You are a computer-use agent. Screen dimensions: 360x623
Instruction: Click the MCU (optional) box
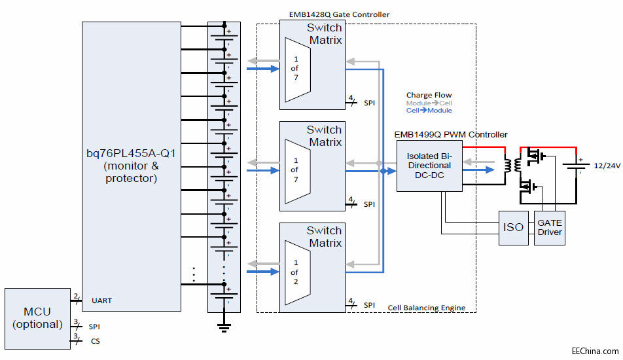click(37, 318)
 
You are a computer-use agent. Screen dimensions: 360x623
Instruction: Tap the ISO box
click(514, 228)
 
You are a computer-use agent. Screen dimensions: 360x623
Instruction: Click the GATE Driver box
click(550, 228)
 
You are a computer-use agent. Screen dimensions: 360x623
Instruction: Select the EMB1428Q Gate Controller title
click(339, 14)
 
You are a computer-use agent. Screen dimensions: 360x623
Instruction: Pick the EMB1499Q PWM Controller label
click(450, 134)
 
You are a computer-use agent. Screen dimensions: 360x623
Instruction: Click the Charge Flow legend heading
click(429, 95)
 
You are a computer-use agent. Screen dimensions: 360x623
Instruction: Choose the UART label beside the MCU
click(102, 300)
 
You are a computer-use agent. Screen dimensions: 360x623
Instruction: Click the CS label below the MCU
click(96, 341)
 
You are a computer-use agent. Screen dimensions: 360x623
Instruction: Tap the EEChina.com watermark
click(594, 351)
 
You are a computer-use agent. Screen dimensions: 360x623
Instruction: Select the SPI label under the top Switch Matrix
click(369, 102)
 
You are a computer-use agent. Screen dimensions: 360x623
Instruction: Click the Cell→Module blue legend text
click(429, 111)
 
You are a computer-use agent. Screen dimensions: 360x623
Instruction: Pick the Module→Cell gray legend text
click(429, 103)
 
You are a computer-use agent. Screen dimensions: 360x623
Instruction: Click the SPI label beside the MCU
click(96, 325)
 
